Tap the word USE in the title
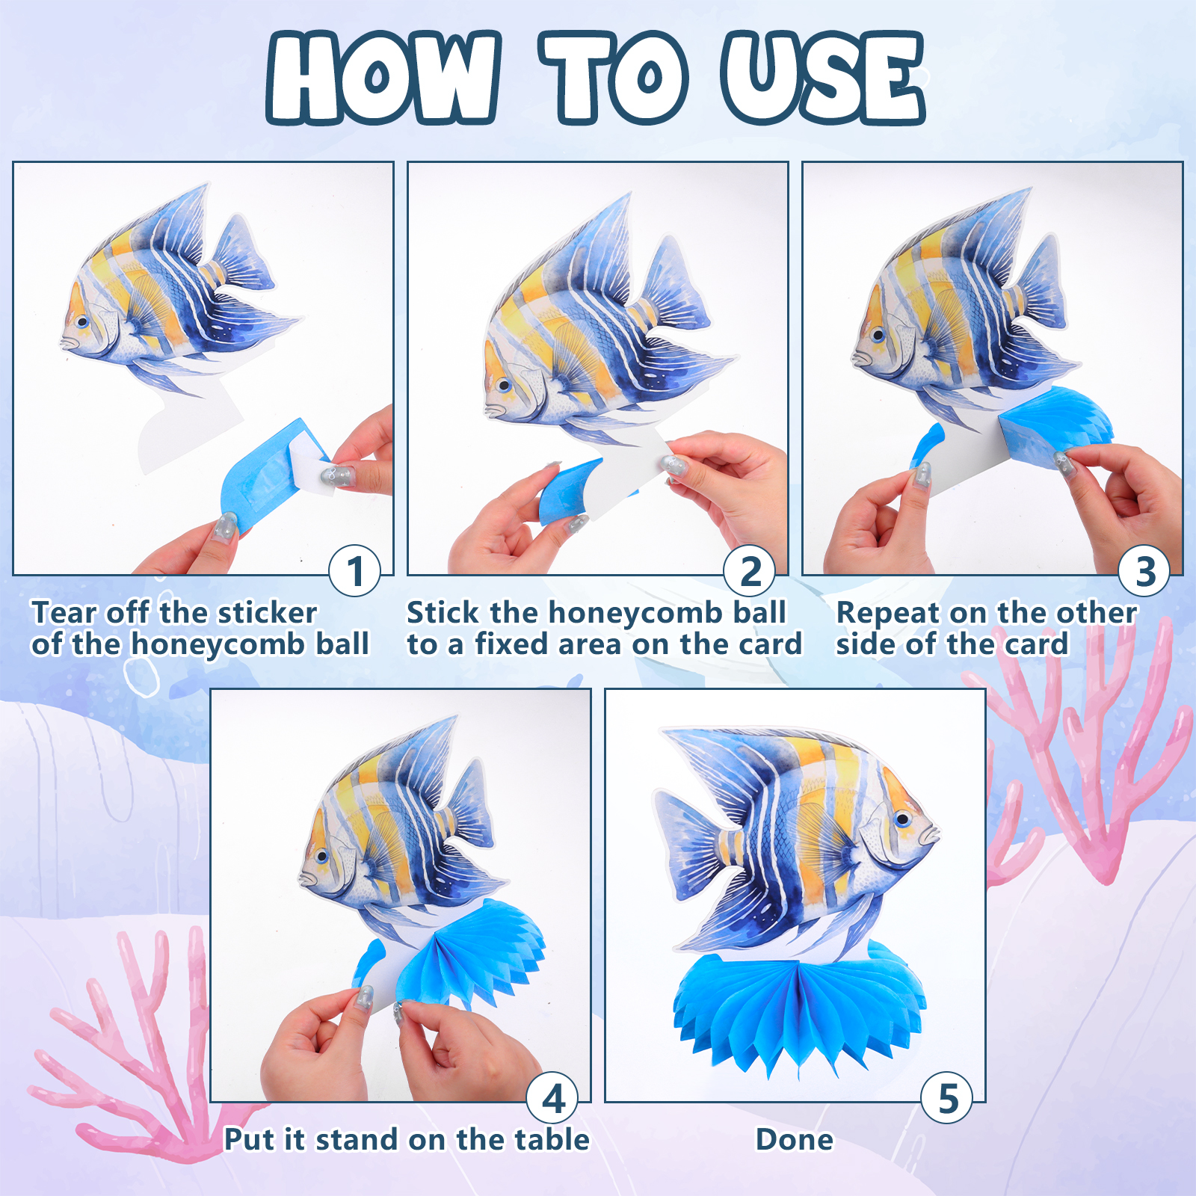point(824,78)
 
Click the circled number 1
point(355,571)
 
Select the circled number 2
point(750,571)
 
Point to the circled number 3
point(1144,571)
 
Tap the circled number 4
point(552,1098)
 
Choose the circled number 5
point(947,1098)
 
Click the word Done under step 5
point(795,1140)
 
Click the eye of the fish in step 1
point(81,321)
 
